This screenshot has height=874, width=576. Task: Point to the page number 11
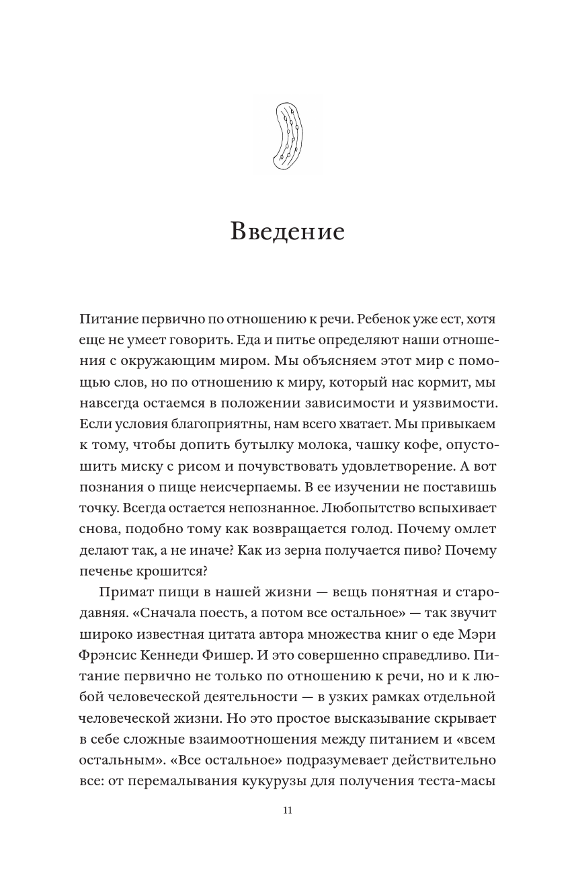288,811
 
